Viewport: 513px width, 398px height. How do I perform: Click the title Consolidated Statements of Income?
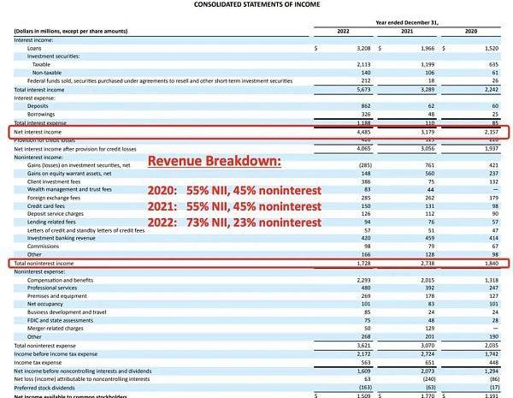point(256,5)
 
